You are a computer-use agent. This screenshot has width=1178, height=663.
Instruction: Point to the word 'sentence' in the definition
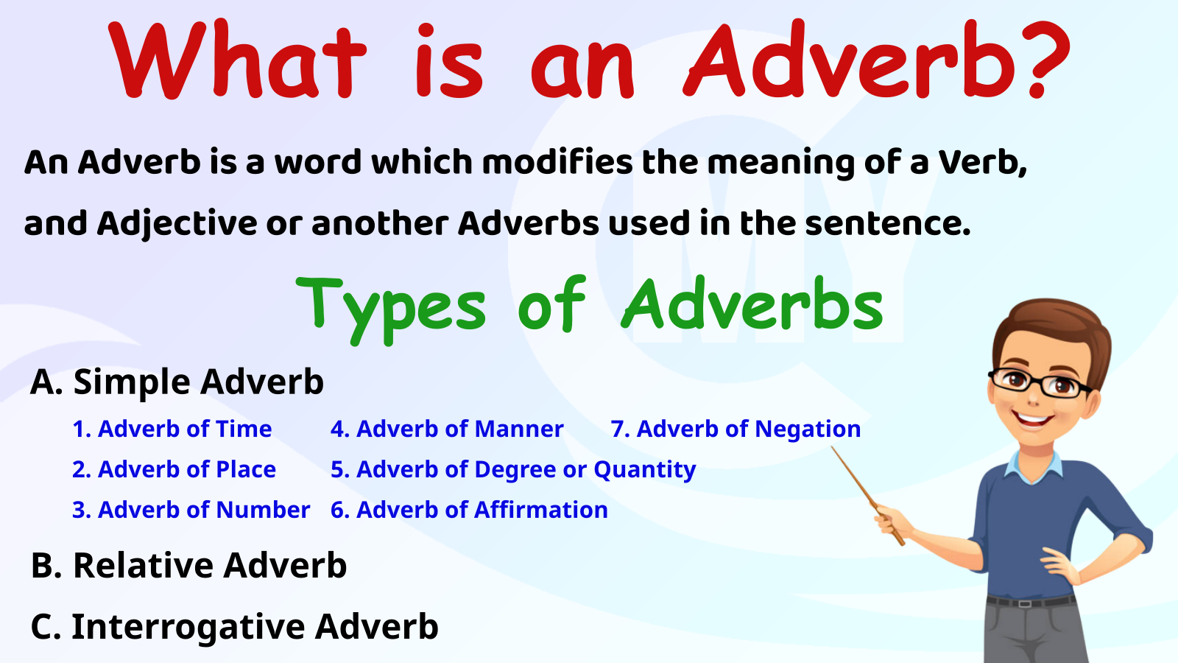(883, 223)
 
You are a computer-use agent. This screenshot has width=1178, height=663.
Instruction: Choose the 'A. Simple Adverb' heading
(177, 382)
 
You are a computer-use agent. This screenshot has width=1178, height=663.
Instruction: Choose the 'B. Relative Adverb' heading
(188, 566)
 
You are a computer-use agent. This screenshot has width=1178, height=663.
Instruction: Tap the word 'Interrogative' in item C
(187, 627)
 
